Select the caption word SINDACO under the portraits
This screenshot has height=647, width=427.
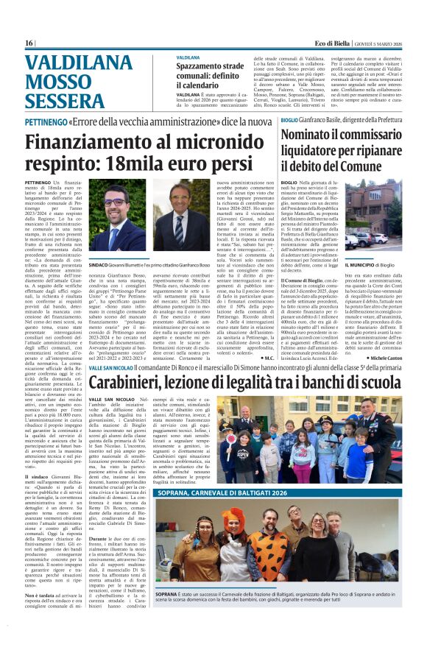[x=101, y=263]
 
